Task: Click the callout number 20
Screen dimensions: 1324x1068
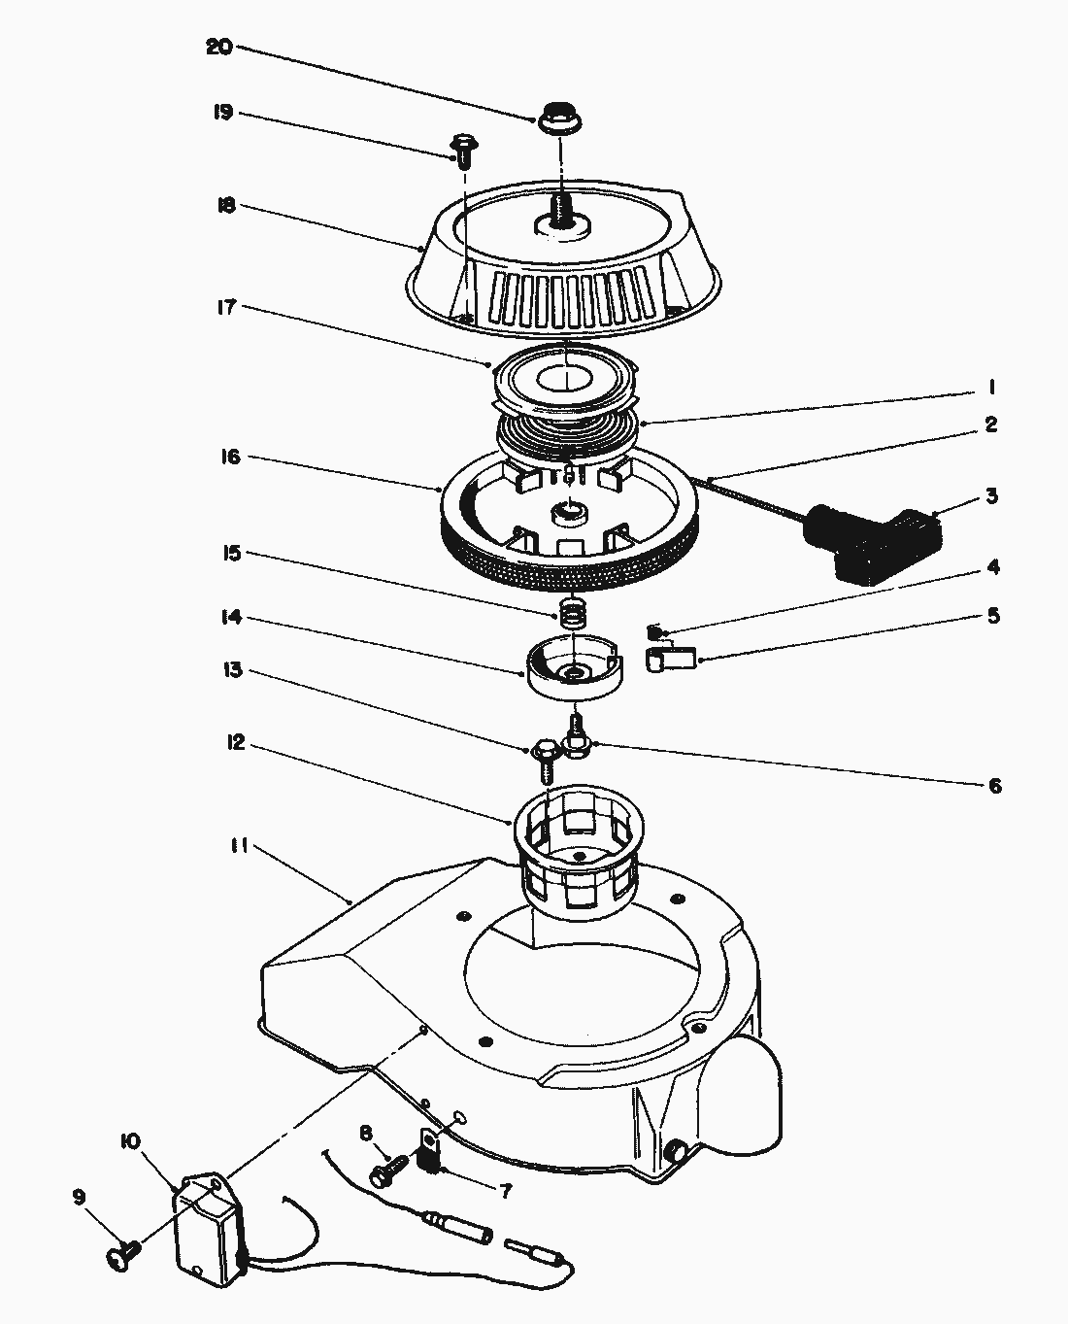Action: (219, 47)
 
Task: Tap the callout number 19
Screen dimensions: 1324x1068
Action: (221, 113)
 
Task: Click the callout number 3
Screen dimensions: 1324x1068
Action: (991, 496)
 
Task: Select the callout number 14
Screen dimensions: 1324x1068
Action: (231, 618)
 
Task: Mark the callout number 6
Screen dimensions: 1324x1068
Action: (994, 786)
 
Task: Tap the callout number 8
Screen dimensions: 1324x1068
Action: (366, 1133)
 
